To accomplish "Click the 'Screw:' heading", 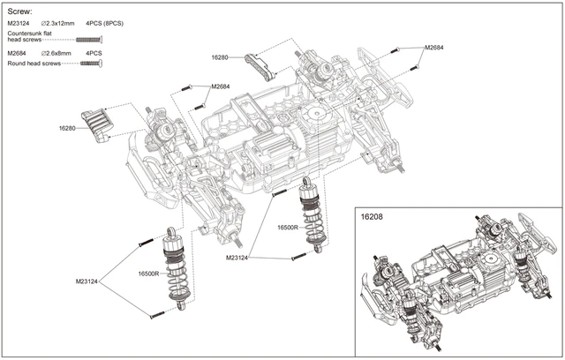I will click(x=20, y=11).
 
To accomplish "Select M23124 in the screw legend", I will click(x=19, y=24).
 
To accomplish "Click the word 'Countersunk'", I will click(x=26, y=33).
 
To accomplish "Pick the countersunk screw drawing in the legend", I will click(x=90, y=40).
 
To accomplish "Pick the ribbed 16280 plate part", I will click(x=98, y=123).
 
